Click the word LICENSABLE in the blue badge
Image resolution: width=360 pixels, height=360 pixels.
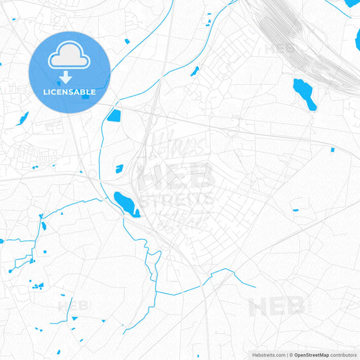(x=70, y=92)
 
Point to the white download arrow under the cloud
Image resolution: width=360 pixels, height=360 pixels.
(x=66, y=76)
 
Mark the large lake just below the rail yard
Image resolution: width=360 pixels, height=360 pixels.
(x=304, y=93)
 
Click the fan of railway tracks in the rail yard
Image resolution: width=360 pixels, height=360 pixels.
(x=297, y=41)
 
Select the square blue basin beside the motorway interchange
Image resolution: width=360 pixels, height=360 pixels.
(x=113, y=115)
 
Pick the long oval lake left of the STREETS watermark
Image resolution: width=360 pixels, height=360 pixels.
(x=125, y=201)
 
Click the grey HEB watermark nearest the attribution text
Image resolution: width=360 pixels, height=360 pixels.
(x=277, y=307)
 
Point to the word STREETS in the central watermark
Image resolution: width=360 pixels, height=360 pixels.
(x=177, y=200)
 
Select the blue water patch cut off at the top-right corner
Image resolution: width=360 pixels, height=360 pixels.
(x=352, y=3)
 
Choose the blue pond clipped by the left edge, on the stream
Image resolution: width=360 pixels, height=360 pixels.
(x=2, y=241)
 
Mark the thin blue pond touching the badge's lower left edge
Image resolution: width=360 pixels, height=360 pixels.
(x=24, y=118)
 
